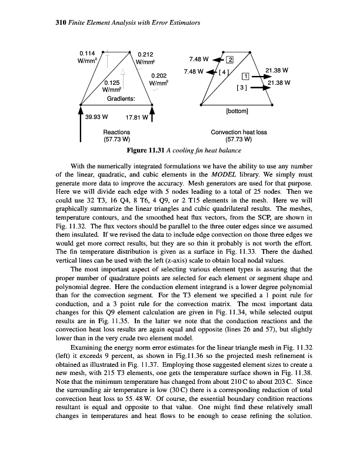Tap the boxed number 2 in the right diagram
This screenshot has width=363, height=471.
230,59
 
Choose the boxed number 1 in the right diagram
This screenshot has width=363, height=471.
246,76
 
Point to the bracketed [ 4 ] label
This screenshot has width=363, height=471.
224,72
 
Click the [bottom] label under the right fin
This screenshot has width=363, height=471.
238,110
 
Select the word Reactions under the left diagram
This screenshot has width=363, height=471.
116,132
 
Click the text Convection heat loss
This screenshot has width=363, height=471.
239,132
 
